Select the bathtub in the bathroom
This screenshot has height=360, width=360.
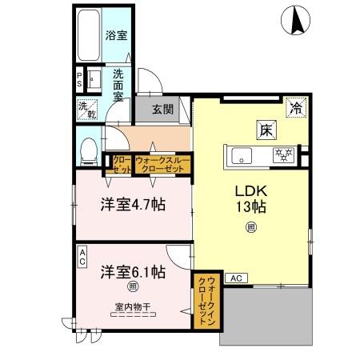88,35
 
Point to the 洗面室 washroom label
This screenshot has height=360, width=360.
117,83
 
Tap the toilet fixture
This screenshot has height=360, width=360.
90,149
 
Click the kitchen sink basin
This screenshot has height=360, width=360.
241,154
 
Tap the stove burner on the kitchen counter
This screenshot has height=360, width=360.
284,154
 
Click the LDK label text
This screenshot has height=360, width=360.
250,191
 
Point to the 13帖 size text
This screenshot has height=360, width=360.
250,207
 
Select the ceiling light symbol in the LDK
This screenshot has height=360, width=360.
250,227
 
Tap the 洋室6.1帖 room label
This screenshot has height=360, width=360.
133,271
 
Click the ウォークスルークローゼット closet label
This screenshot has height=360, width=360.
163,163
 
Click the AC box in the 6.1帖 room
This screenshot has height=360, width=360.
82,256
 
